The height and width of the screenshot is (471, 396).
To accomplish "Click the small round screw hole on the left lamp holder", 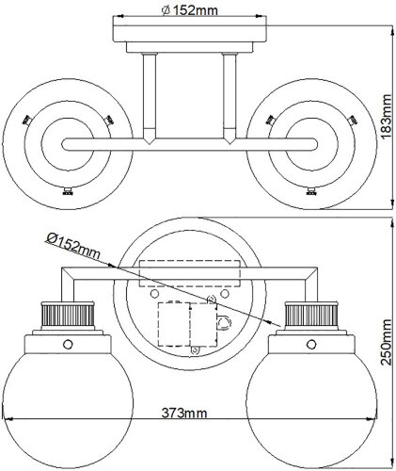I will point(67,344).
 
